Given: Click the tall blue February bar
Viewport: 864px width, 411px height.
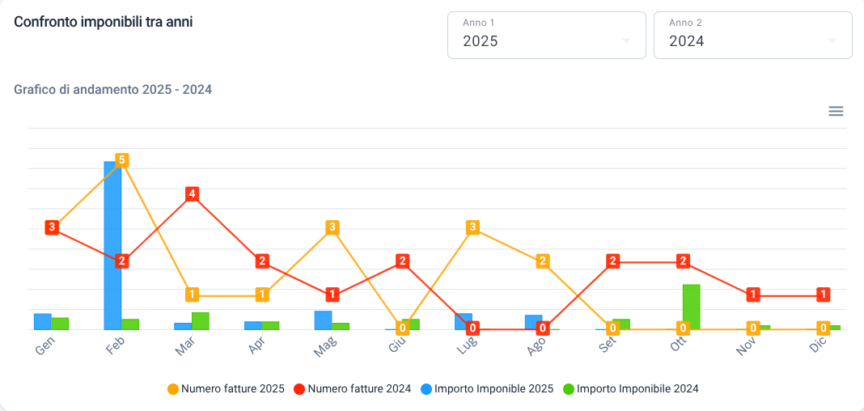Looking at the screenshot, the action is coord(112,245).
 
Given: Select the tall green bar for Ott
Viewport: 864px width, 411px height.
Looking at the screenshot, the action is coord(692,307).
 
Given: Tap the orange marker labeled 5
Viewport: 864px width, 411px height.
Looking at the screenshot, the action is coord(122,160).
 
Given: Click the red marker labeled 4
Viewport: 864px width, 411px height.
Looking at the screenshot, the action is coord(192,194).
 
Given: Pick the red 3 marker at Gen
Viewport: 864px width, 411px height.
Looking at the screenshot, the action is coord(52,227).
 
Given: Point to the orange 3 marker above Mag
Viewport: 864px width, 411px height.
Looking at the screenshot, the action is coord(332,227).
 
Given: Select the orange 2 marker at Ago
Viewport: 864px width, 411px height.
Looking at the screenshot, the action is coord(543,261).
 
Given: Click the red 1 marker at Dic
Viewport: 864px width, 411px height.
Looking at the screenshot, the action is coord(824,294).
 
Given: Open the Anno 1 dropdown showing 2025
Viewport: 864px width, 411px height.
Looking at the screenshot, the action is coord(546,36).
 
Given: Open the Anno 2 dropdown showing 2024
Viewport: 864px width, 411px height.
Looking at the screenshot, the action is coord(752,36).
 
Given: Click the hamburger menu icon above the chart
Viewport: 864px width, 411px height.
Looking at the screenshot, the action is coord(836,112).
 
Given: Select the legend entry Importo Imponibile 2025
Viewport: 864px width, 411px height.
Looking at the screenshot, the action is coord(487,389).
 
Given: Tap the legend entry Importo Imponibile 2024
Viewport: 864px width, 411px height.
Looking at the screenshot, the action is coord(631,389).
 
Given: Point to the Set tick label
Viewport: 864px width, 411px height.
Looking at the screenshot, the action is coord(606,347).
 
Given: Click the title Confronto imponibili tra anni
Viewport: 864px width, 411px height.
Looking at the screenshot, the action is coord(103,22).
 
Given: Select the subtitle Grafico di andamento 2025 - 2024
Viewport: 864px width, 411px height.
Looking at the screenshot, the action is coord(113,89).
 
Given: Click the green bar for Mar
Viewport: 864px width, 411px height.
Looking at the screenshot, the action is coord(201,321).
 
